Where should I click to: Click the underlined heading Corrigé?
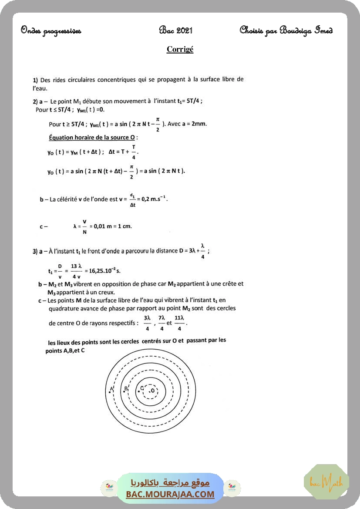pos(180,49)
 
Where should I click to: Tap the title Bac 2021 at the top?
pos(175,30)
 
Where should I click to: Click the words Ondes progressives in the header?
pos(51,30)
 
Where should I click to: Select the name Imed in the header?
pos(323,30)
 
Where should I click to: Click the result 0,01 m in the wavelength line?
pos(104,226)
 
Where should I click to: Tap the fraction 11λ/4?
pos(179,323)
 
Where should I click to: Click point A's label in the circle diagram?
pos(111,388)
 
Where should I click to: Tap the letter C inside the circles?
pos(142,388)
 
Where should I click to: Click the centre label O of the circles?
pos(153,391)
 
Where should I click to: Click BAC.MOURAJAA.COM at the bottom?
pos(170,494)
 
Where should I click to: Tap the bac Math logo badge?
pos(326,482)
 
